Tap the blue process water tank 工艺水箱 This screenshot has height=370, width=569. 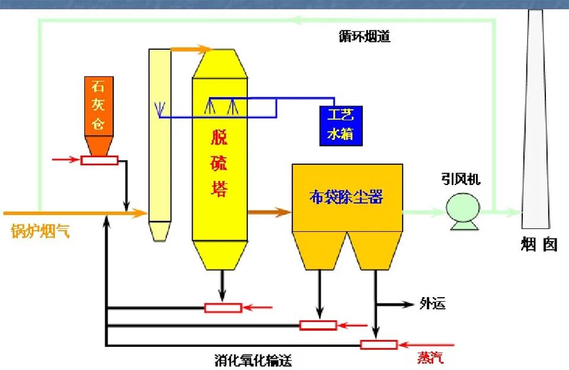[340, 126]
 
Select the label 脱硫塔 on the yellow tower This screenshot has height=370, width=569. [219, 163]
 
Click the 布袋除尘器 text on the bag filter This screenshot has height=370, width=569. [347, 197]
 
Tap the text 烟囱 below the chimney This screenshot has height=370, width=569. [539, 244]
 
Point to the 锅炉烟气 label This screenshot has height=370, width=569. [40, 231]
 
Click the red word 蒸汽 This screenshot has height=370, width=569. [430, 358]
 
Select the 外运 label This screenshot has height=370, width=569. [432, 304]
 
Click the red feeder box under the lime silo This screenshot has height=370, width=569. [99, 160]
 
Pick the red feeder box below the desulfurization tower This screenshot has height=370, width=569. [223, 307]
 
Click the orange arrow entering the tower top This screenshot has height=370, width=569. [191, 49]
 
